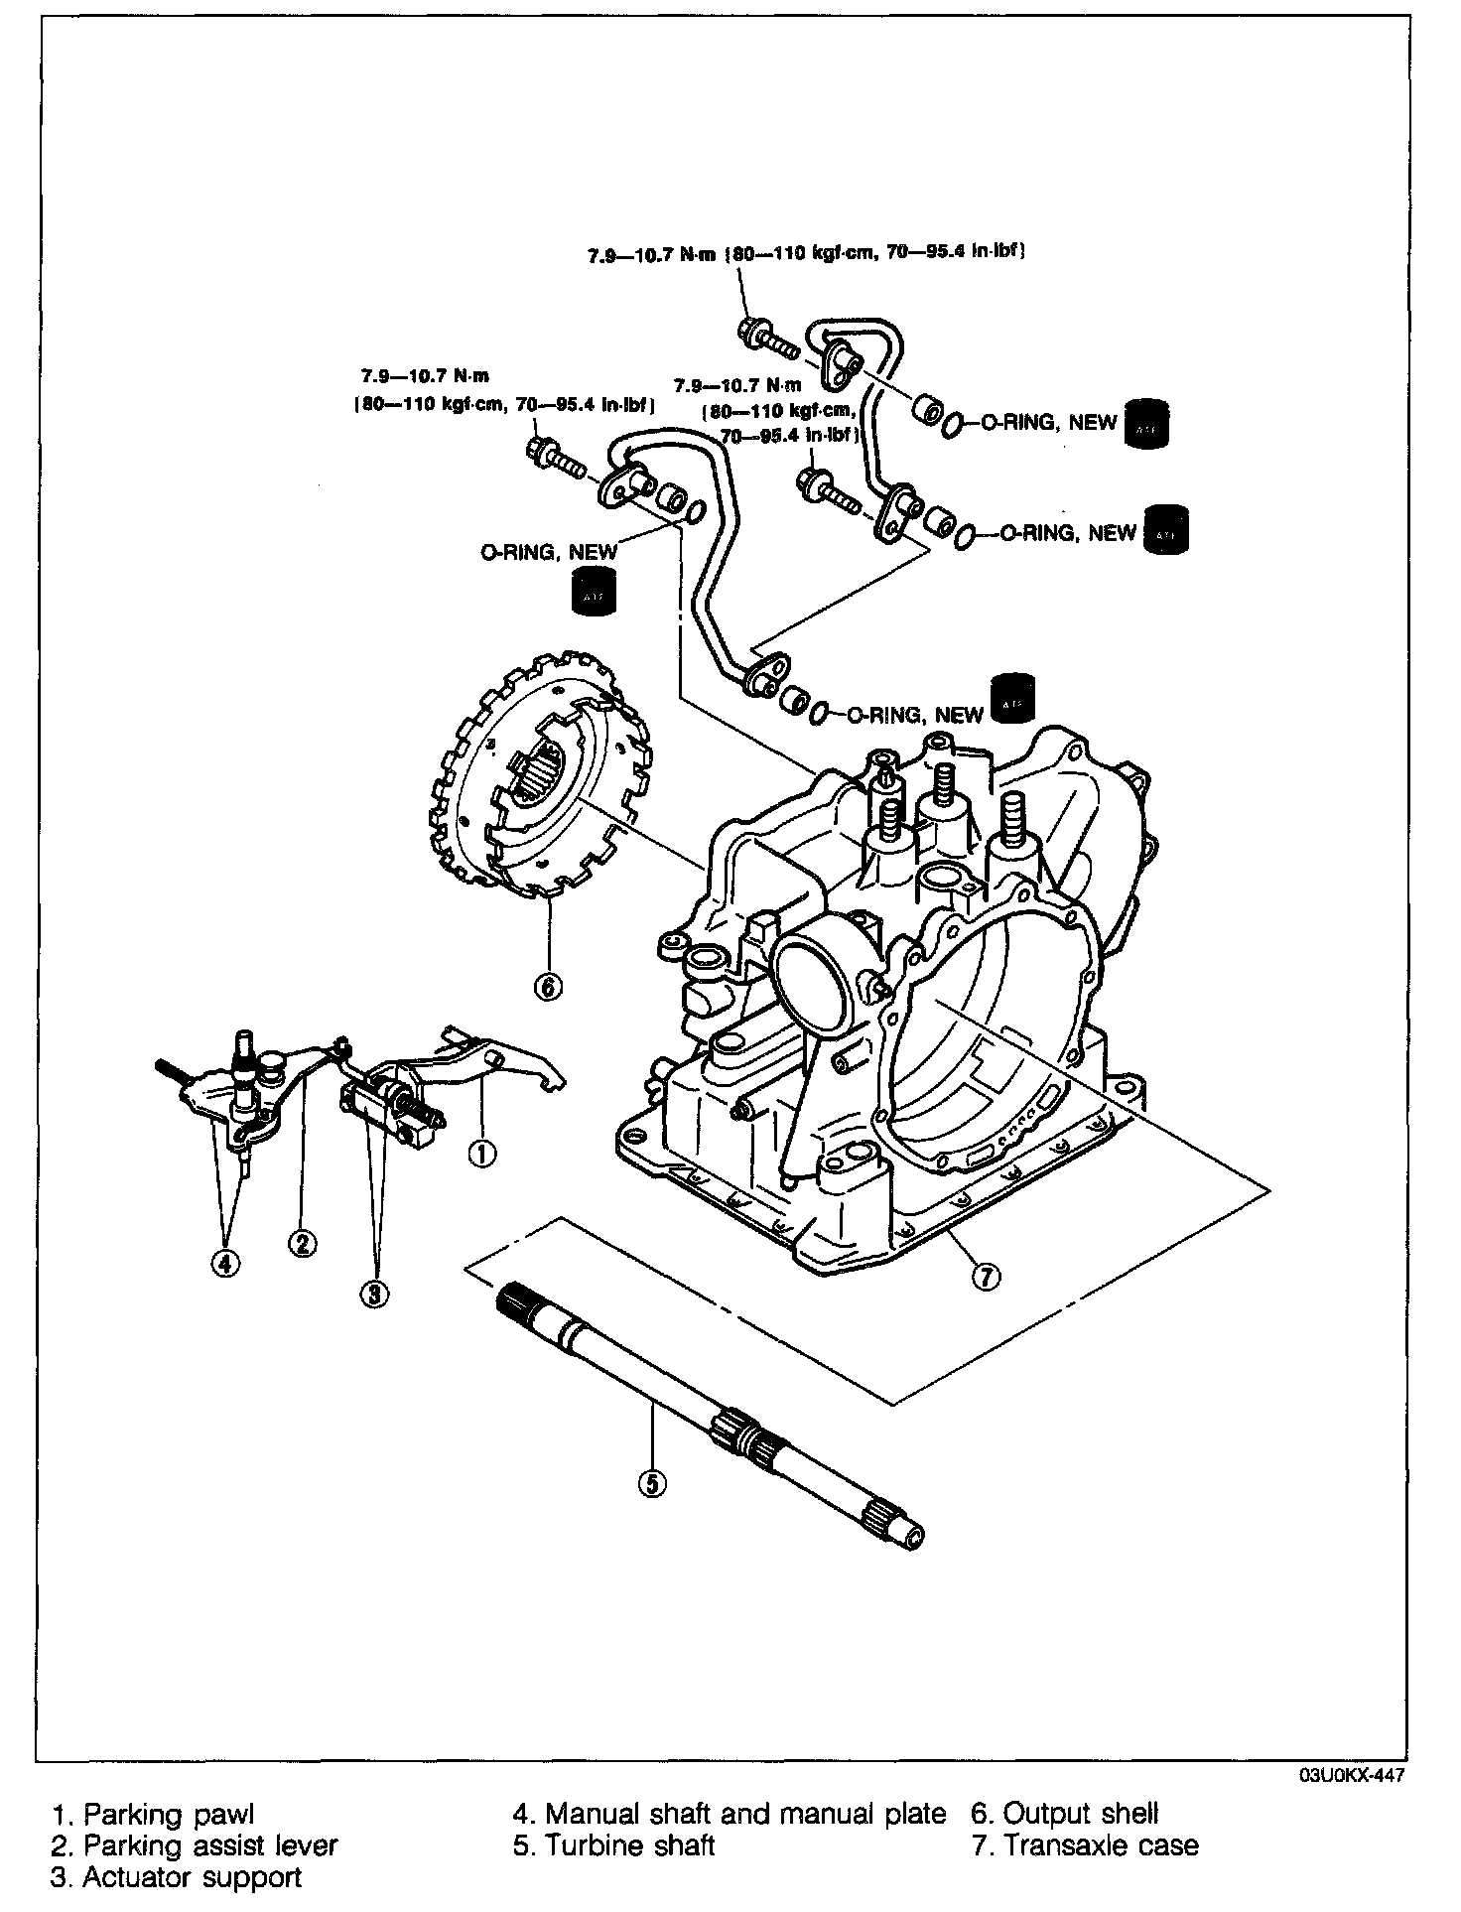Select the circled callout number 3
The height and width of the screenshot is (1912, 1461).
pos(375,1294)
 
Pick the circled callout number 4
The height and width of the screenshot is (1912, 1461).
pos(226,1263)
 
